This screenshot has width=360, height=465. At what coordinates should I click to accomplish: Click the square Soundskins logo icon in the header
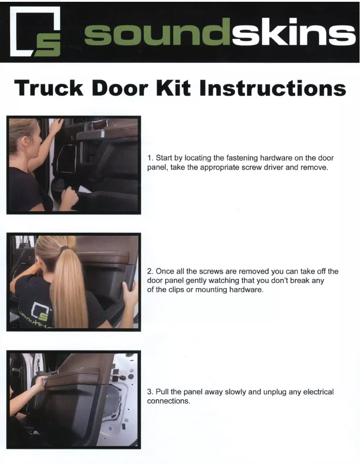click(x=35, y=31)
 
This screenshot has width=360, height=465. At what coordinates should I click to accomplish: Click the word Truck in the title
click(x=49, y=88)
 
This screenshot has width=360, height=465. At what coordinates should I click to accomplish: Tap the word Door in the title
click(x=120, y=88)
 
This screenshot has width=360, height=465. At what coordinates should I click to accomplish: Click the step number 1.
click(x=150, y=158)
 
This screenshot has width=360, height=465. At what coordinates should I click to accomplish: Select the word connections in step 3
click(x=168, y=401)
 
